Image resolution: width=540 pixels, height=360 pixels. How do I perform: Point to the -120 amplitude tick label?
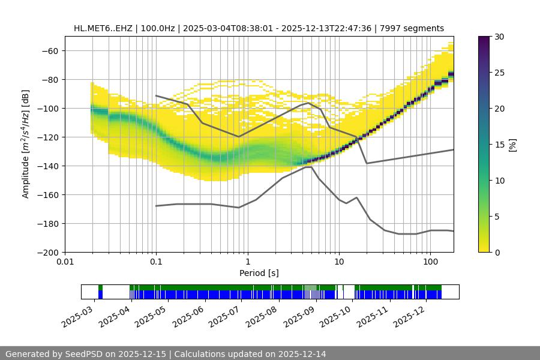[48, 137]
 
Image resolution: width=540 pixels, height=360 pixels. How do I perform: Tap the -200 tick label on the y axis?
[48, 252]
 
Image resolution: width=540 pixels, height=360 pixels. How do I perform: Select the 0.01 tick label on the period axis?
[65, 262]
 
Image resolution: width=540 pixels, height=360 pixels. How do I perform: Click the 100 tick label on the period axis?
[430, 262]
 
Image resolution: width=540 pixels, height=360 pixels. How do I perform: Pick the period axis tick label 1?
[247, 262]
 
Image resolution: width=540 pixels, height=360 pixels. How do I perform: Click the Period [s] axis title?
[259, 273]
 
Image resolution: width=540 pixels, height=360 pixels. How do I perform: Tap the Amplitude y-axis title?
[26, 144]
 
